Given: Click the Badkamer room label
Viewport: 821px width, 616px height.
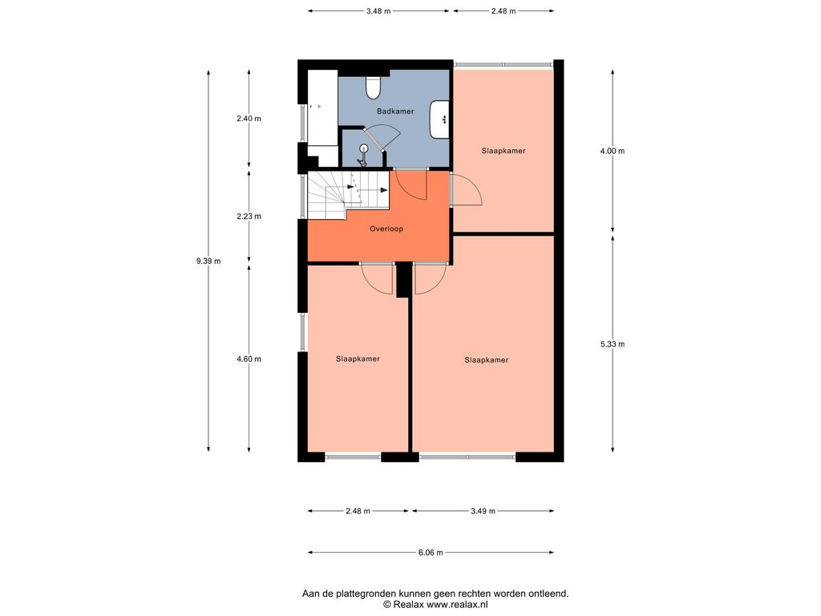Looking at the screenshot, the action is [395, 111].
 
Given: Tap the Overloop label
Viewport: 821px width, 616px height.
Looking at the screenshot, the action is [386, 229].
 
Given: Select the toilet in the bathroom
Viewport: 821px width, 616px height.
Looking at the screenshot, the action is [373, 88].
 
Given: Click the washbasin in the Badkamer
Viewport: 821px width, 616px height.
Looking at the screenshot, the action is [440, 120].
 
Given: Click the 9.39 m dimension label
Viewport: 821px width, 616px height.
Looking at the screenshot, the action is [208, 261].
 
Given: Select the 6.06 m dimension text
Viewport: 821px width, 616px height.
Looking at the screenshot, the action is [431, 553].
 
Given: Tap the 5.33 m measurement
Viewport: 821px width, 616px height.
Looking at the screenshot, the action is [613, 344].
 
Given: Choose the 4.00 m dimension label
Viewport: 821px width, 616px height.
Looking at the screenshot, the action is [613, 151].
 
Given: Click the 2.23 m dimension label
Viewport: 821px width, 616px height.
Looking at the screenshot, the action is [249, 217].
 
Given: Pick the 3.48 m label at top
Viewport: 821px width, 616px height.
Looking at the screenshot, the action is [378, 11].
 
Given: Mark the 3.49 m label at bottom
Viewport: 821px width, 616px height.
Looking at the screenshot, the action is [483, 511].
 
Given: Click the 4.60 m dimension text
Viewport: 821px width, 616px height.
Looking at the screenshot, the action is [249, 359].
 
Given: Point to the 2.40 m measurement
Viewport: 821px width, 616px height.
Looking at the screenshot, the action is [249, 119].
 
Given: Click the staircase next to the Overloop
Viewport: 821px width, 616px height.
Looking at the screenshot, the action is [348, 195].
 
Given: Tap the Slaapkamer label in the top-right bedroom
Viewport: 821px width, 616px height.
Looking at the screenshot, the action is [504, 151].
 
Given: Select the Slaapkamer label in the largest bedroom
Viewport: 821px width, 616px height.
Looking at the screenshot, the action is [487, 360].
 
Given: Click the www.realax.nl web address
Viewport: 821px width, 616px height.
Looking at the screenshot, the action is [457, 605].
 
